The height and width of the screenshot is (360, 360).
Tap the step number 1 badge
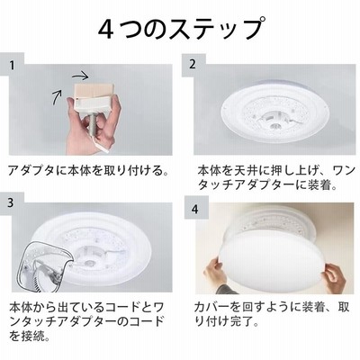[12, 65]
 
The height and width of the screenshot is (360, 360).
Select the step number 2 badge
[193, 64]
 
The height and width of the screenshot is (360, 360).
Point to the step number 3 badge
[11, 202]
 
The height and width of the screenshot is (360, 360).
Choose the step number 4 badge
[195, 209]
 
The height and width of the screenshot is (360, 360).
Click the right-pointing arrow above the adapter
[80, 76]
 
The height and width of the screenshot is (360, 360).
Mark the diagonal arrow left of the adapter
[58, 97]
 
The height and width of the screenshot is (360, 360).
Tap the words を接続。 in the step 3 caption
[29, 336]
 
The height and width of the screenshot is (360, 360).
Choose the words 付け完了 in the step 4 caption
[229, 322]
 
